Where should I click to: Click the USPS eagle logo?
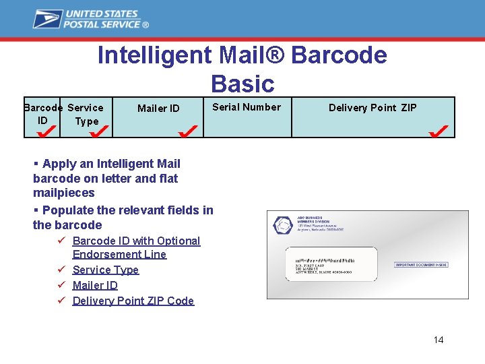(48, 19)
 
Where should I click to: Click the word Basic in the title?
(243, 84)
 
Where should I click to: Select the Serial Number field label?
(247, 107)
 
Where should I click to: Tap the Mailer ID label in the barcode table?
(158, 109)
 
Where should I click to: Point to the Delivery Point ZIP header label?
(373, 108)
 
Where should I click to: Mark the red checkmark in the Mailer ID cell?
(187, 129)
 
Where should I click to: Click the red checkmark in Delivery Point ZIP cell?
(439, 129)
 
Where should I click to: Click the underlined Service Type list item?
(105, 270)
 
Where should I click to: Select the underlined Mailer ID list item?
(95, 285)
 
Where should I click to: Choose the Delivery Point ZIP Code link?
(133, 301)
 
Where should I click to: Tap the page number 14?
(439, 340)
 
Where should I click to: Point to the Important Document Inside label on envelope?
(420, 265)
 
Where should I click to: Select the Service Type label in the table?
(86, 115)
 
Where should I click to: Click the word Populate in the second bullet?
(71, 210)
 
